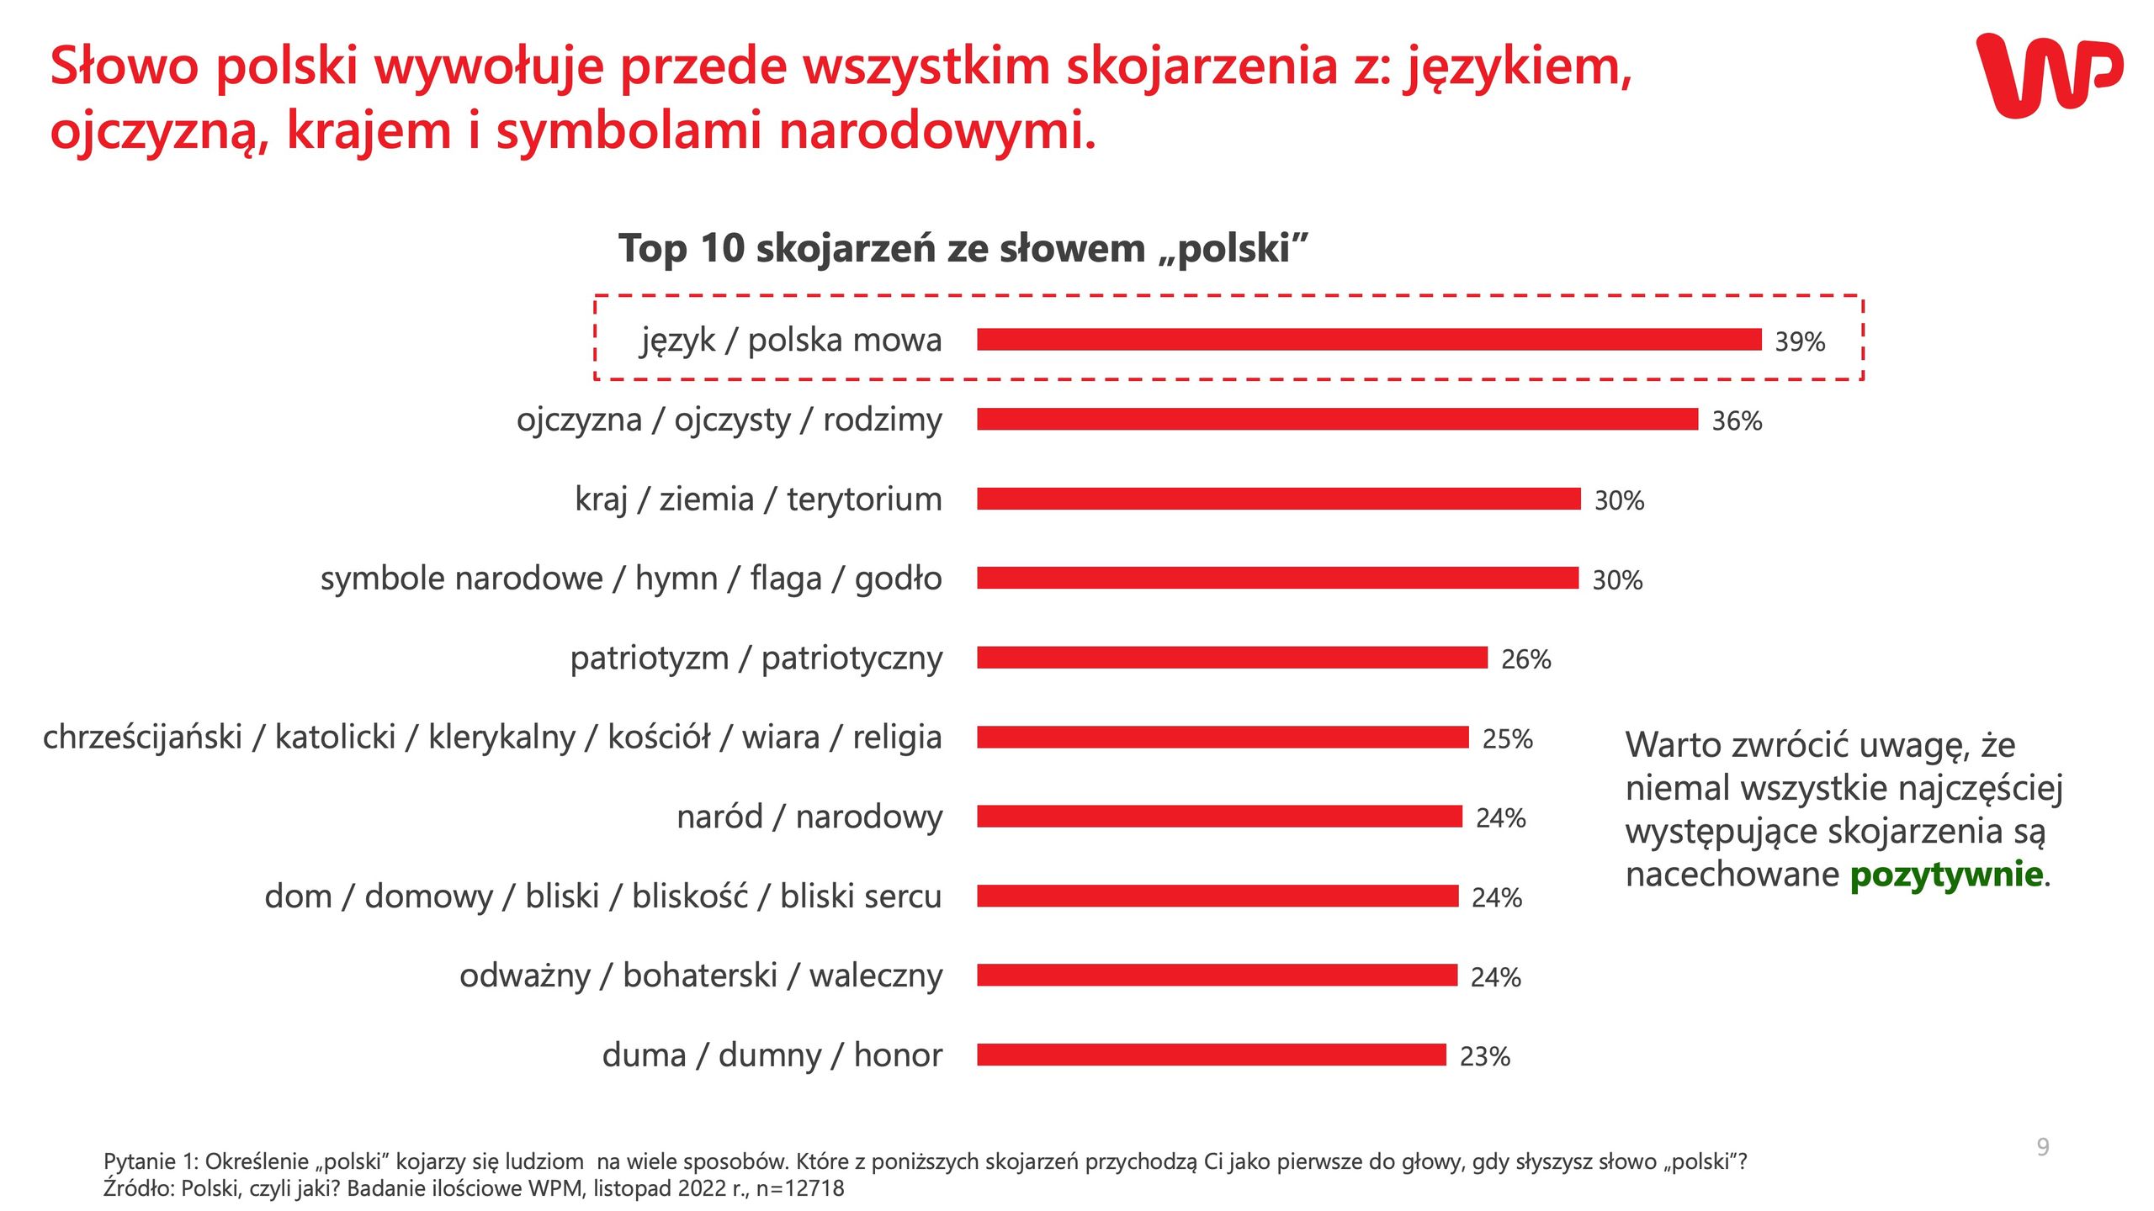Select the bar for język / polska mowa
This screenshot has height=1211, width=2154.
tap(1368, 340)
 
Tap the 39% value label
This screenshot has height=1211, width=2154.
tap(1799, 341)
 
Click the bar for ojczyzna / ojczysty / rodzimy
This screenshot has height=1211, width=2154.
tap(1337, 419)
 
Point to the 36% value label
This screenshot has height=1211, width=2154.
tap(1736, 420)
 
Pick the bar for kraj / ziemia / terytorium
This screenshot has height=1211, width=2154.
tap(1278, 499)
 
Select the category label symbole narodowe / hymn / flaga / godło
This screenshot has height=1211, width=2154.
tap(630, 579)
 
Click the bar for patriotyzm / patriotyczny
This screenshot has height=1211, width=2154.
tap(1232, 658)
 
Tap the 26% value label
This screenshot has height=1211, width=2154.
tap(1525, 659)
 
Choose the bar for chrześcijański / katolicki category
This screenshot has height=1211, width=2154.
tap(1222, 738)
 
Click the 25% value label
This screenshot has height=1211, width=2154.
tap(1506, 738)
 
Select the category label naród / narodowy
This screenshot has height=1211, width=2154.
tap(809, 817)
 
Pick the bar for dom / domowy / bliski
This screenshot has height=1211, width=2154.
tap(1217, 896)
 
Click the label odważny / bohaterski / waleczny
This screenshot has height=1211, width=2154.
tap(700, 976)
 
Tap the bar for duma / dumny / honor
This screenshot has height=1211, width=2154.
tap(1211, 1055)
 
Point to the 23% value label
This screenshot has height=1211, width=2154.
tap(1484, 1056)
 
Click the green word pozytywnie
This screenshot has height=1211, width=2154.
tap(1945, 875)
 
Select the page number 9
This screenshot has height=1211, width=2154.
tap(2042, 1147)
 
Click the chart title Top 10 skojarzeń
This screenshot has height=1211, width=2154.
tap(963, 248)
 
